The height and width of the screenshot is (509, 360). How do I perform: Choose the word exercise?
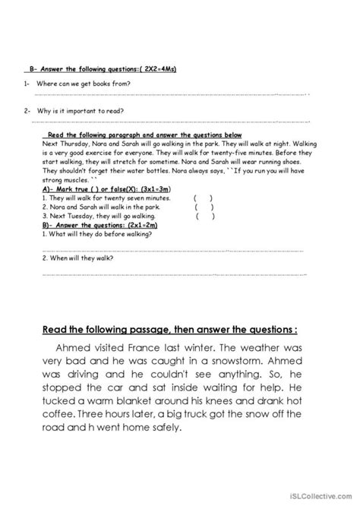pos(110,153)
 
